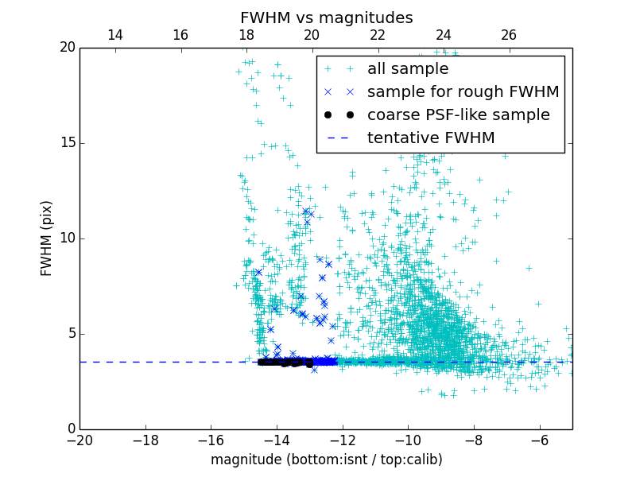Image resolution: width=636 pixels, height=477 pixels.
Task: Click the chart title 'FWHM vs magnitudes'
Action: point(326,17)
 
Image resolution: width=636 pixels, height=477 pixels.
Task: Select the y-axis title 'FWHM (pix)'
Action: point(47,238)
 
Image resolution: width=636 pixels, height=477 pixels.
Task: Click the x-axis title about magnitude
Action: point(326,460)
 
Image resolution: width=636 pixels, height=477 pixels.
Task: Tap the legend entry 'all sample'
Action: point(407,69)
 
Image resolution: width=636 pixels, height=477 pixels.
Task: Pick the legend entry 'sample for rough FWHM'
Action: point(463,92)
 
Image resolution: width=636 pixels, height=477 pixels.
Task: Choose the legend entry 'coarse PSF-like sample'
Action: point(458,115)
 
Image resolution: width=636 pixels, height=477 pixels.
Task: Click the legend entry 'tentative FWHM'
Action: point(430,138)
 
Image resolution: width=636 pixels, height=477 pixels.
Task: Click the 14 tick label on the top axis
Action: point(114,35)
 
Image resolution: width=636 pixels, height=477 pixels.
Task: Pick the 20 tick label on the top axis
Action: point(312,35)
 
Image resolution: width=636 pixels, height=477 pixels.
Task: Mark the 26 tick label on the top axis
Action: point(509,35)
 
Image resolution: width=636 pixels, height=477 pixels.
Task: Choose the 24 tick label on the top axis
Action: point(444,35)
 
